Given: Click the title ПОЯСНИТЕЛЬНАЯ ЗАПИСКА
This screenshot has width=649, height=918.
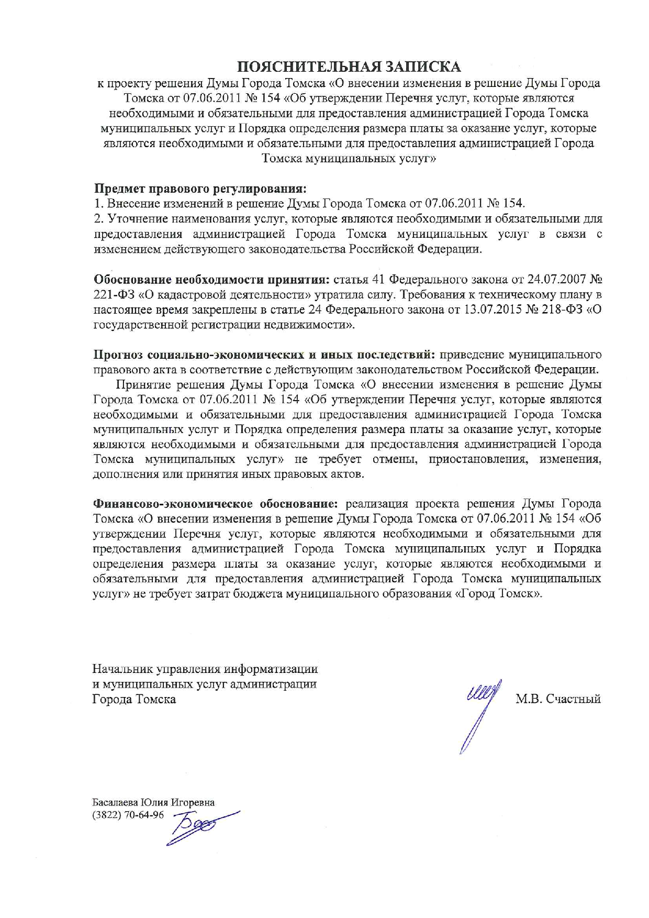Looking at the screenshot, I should coord(349,67).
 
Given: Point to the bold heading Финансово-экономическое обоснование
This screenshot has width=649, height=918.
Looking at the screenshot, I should coord(215,504).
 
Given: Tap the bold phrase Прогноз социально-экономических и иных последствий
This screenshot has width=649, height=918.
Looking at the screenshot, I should coord(264,355).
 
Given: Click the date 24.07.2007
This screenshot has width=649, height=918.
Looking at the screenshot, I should coord(556,279).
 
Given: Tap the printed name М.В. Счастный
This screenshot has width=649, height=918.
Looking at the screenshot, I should coord(558,699).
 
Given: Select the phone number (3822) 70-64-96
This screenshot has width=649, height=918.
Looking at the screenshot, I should coord(128,815).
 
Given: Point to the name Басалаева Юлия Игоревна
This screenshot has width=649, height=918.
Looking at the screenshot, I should coord(153,802).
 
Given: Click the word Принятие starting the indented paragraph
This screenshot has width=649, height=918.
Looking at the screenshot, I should coord(141,384).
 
